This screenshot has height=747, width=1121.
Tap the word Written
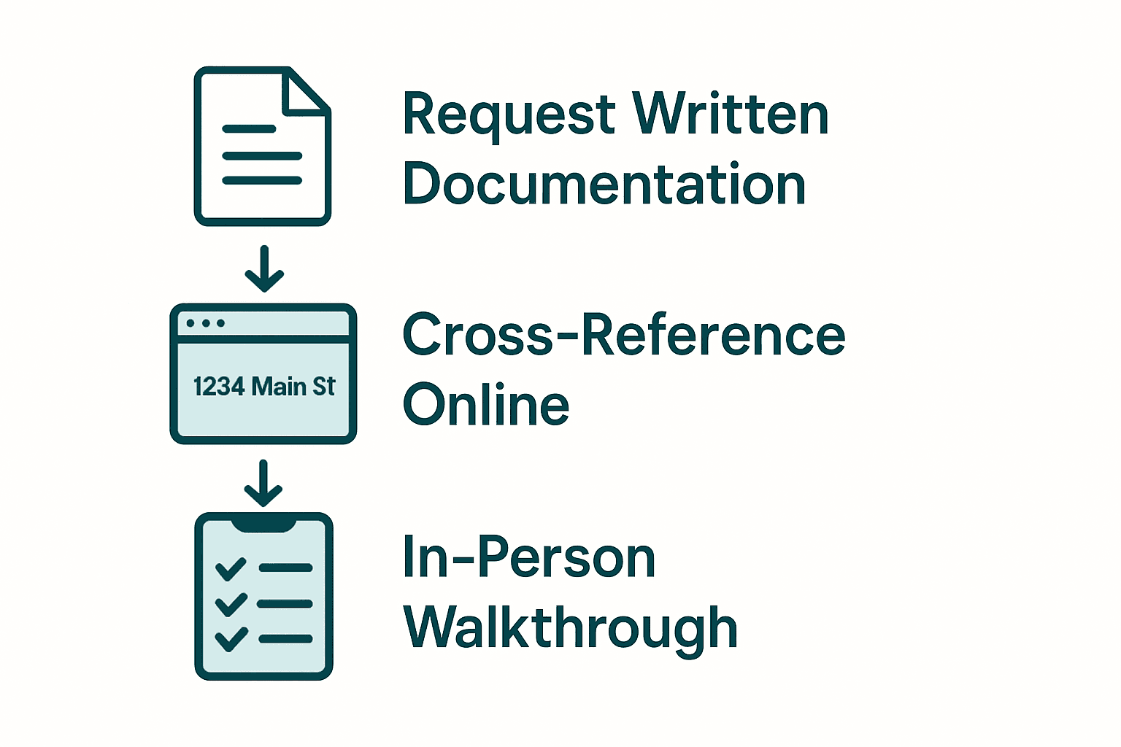click(x=731, y=115)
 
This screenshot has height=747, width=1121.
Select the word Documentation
click(x=604, y=184)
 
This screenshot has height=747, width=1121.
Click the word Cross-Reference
click(x=624, y=335)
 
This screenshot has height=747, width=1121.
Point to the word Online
click(x=486, y=405)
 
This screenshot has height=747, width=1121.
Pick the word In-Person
click(x=529, y=558)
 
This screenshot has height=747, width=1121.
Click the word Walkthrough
click(x=571, y=627)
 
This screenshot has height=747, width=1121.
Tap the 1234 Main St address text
click(x=263, y=387)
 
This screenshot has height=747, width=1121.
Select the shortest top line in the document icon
click(x=249, y=129)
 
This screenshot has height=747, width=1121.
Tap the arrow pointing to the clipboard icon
click(x=263, y=483)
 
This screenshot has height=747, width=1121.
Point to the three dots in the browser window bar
click(x=205, y=323)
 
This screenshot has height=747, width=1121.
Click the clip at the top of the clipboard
click(x=263, y=523)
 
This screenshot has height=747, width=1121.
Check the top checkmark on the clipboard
click(x=231, y=568)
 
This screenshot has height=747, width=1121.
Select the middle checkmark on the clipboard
click(x=231, y=604)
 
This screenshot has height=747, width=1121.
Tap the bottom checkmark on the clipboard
click(x=231, y=639)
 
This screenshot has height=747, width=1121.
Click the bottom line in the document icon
click(x=262, y=180)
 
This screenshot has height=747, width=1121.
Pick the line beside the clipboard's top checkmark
click(x=285, y=568)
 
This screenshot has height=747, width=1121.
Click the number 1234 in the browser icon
click(x=219, y=387)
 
